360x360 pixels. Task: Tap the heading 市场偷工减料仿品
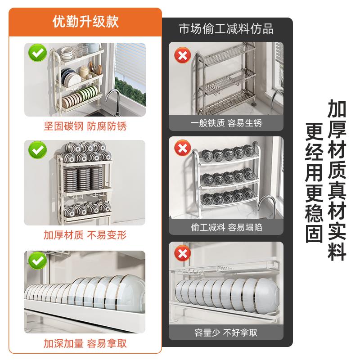click(226, 29)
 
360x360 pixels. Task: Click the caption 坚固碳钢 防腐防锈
click(85, 126)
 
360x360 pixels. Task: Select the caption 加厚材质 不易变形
click(85, 235)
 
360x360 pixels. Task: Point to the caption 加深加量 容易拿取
click(85, 344)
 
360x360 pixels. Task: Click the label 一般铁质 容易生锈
click(226, 123)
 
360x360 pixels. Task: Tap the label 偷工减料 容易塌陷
click(226, 227)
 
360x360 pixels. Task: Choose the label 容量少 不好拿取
click(226, 333)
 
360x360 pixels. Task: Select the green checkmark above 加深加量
click(38, 260)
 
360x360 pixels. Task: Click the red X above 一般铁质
click(182, 56)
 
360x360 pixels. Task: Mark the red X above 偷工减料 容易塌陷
click(182, 148)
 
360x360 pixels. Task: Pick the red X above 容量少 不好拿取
click(182, 254)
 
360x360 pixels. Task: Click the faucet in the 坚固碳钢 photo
click(113, 97)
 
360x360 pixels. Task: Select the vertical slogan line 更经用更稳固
click(315, 182)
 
